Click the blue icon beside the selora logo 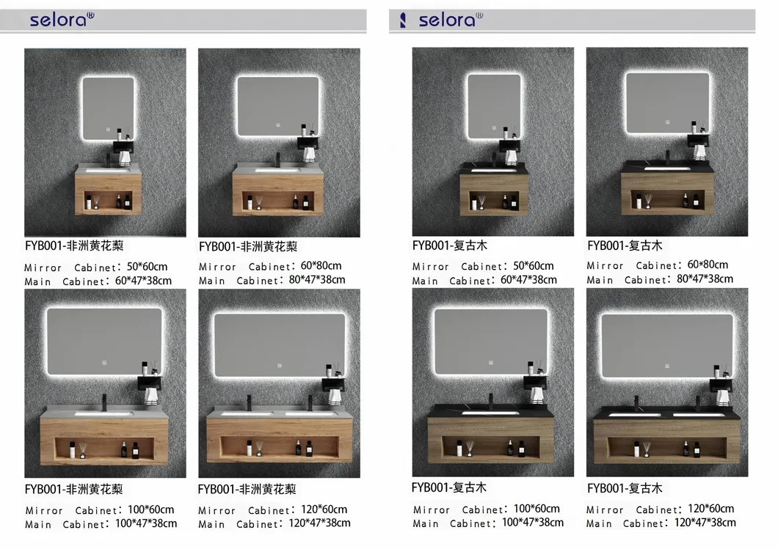click(403, 21)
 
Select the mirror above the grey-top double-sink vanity click(280, 344)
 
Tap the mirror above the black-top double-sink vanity click(667, 344)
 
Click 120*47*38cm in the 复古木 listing click(705, 522)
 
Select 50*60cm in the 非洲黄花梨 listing click(147, 267)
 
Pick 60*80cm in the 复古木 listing click(708, 265)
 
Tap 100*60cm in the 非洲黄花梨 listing click(151, 509)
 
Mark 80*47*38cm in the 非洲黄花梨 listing click(317, 279)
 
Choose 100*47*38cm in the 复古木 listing click(533, 522)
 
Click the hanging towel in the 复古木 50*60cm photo click(511, 157)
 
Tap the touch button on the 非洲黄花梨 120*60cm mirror click(280, 366)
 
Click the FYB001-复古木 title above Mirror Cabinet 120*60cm click(625, 488)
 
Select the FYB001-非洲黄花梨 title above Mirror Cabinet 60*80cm click(248, 246)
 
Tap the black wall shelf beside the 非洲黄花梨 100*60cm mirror click(149, 383)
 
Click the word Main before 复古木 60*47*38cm click(425, 281)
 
